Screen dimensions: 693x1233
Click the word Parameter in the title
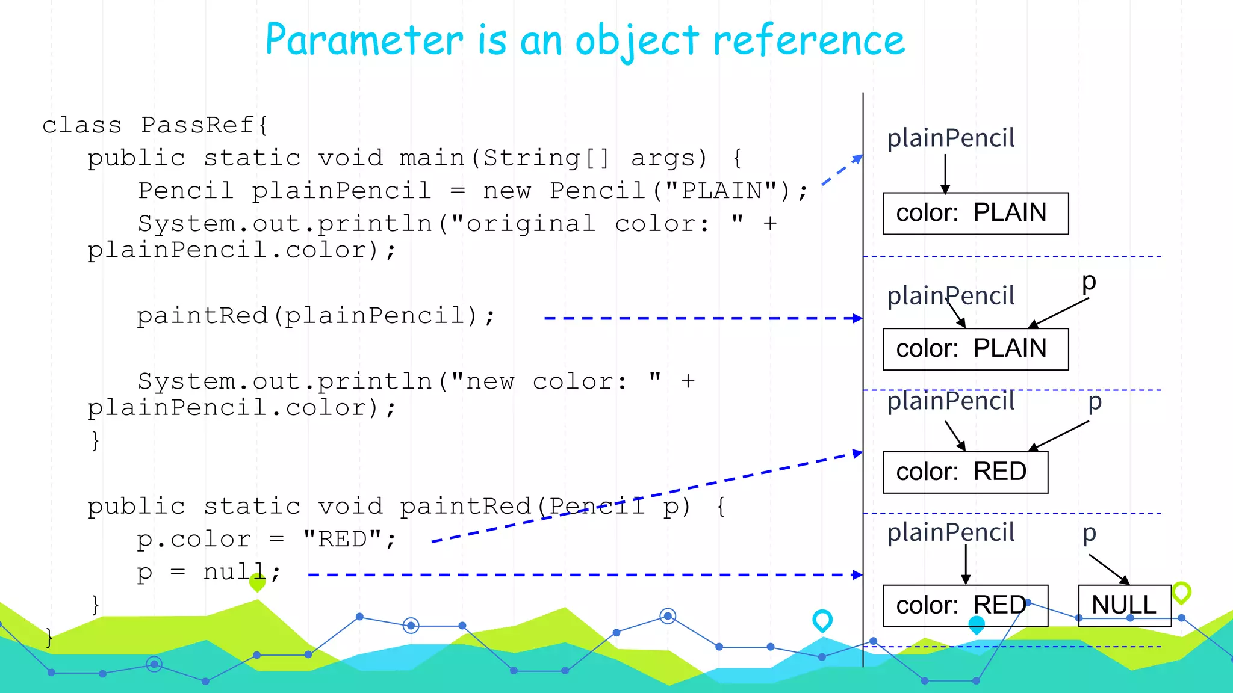(x=364, y=40)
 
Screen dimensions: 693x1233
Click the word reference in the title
(x=809, y=40)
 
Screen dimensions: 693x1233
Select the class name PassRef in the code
(x=197, y=125)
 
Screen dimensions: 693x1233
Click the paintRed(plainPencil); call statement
(x=315, y=316)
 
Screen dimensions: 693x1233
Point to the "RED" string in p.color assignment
(x=342, y=539)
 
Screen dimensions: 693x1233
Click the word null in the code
(x=235, y=571)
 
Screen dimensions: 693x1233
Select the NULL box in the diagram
(x=1124, y=605)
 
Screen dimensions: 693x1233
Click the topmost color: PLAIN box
(x=975, y=214)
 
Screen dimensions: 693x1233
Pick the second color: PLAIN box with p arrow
(x=975, y=349)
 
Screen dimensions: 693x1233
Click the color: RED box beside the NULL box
(x=964, y=605)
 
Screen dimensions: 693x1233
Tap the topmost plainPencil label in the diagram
(x=951, y=138)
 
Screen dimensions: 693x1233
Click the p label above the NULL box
(x=1089, y=532)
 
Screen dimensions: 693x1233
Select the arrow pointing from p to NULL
(x=1108, y=568)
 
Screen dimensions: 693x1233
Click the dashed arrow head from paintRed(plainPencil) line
(x=857, y=318)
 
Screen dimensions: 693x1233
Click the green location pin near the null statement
(x=257, y=582)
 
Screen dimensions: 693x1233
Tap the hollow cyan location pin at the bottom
(x=822, y=620)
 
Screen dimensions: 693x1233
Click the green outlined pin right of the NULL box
(x=1181, y=592)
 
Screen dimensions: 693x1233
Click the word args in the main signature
(x=668, y=158)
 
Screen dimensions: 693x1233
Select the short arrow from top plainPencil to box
(x=945, y=173)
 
